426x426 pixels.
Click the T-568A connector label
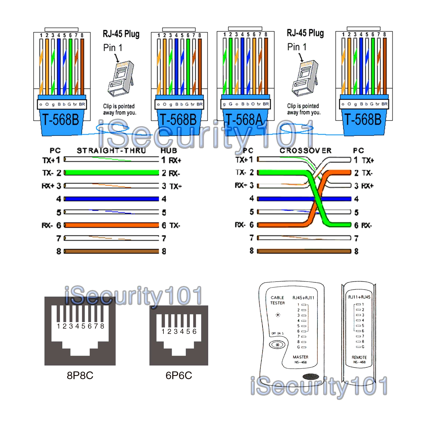[x=244, y=120]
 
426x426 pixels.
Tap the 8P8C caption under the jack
[x=80, y=375]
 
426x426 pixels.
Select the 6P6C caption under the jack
[x=179, y=375]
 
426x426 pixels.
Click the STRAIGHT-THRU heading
[x=111, y=151]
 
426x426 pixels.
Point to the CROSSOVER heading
[x=305, y=151]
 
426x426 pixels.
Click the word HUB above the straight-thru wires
[x=169, y=151]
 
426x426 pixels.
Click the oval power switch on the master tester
[x=277, y=345]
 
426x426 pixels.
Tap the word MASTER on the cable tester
[x=301, y=357]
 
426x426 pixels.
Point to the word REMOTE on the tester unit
[x=359, y=357]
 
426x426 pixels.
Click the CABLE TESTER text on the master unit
[x=277, y=300]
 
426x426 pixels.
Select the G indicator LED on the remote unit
[x=359, y=347]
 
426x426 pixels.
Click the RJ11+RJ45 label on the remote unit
[x=359, y=297]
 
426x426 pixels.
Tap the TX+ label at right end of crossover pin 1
[x=368, y=160]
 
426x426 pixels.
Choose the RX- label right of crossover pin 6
[x=367, y=226]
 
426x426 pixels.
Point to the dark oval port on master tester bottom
[x=311, y=376]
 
